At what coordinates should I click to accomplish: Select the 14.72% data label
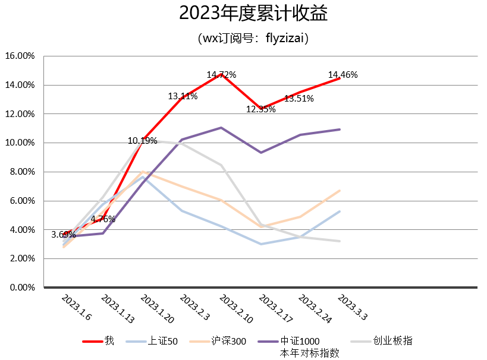(x=221, y=75)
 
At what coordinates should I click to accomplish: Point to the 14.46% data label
(x=343, y=75)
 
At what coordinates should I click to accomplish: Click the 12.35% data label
(x=261, y=109)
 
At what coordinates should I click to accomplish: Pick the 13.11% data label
(x=183, y=96)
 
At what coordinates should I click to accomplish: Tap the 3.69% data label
(x=64, y=235)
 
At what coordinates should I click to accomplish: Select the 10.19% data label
(x=142, y=141)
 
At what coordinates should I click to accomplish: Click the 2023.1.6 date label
(x=77, y=307)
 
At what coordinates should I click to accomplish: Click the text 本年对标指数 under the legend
(x=309, y=352)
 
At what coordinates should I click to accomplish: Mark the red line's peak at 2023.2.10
(x=221, y=75)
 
